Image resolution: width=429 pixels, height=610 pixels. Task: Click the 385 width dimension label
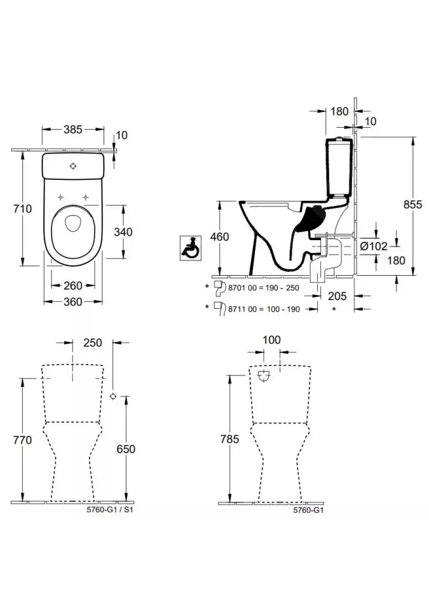coord(73,130)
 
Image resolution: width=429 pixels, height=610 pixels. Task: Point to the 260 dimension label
coord(73,285)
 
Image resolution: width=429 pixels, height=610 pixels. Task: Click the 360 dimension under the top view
coord(73,302)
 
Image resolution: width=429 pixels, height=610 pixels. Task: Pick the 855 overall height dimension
coord(412,205)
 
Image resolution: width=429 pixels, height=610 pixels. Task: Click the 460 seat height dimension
coord(219,237)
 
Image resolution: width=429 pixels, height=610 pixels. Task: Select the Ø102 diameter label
coord(373,247)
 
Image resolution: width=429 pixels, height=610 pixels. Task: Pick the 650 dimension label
coord(126,449)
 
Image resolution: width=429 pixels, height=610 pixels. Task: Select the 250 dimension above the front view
coord(93,342)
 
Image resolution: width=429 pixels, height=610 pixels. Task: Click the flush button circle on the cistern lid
coord(74,166)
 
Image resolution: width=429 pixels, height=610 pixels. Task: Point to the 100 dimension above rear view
coord(271,340)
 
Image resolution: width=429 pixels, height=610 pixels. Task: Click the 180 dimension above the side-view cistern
coord(340,111)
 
